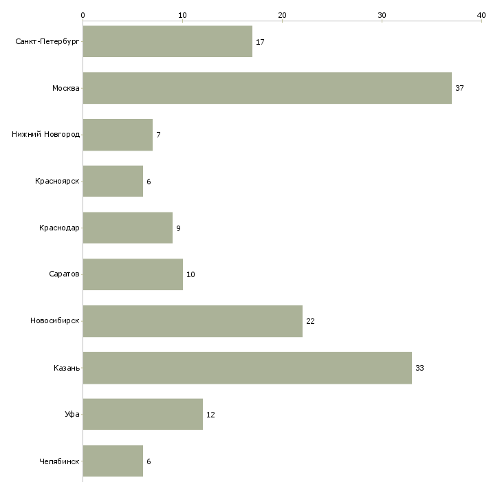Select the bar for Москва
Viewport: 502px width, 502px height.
(268, 88)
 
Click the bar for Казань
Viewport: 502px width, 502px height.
(248, 368)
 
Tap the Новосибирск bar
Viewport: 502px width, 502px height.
(193, 321)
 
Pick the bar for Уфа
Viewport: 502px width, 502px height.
(143, 414)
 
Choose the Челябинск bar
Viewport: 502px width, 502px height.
(113, 461)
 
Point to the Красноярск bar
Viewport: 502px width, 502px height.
(113, 182)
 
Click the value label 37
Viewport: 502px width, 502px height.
(459, 88)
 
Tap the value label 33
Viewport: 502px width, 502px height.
(419, 368)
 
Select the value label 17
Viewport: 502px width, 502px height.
(260, 42)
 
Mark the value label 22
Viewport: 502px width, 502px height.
(310, 321)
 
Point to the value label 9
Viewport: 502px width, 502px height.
(178, 228)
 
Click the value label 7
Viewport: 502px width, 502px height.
(158, 135)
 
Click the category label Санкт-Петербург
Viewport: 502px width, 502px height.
(47, 42)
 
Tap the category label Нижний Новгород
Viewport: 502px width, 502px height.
(46, 134)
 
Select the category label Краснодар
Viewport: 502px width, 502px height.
(59, 228)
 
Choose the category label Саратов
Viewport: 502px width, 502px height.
(64, 274)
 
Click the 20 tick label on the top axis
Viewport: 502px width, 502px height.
(282, 15)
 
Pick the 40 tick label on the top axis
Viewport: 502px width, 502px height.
(481, 15)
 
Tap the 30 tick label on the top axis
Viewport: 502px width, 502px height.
(382, 15)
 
